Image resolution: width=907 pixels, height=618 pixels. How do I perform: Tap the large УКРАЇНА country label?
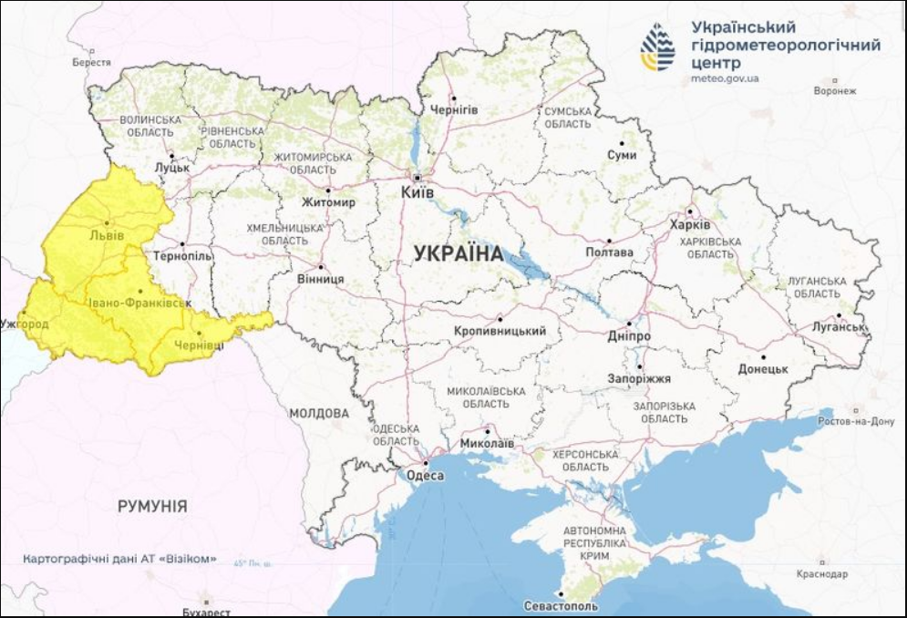(458, 254)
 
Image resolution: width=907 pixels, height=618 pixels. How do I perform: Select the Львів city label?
(107, 234)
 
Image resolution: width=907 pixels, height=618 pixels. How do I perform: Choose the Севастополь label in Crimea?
(562, 606)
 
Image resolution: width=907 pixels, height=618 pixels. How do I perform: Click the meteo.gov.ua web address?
(725, 78)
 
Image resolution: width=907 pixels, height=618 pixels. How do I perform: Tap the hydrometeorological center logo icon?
(657, 46)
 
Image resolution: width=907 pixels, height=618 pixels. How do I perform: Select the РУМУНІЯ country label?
(152, 506)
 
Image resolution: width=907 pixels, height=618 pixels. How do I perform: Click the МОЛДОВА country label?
(318, 413)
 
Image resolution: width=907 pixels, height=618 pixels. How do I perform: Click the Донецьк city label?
(762, 369)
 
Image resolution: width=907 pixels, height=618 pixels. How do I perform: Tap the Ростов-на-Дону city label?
(856, 421)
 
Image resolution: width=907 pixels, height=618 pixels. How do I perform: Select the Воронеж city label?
(835, 91)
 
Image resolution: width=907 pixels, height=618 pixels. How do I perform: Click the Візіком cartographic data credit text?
(120, 558)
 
